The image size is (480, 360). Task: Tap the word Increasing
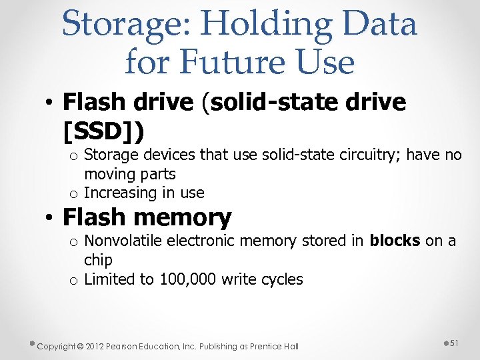[117, 193]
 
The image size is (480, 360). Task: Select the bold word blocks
[395, 241]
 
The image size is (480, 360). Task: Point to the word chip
[98, 260]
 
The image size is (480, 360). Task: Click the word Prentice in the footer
[266, 346]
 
